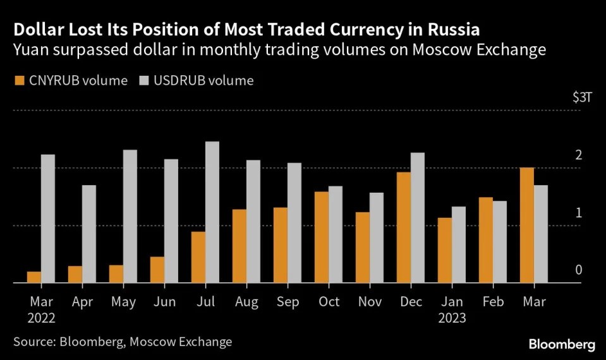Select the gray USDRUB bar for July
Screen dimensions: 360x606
pyautogui.click(x=212, y=212)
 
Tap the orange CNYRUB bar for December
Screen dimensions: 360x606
pyautogui.click(x=403, y=227)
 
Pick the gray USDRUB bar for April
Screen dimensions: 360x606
pyautogui.click(x=89, y=234)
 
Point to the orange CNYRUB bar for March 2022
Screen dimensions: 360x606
pyautogui.click(x=33, y=277)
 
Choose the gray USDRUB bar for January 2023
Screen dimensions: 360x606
pyautogui.click(x=458, y=245)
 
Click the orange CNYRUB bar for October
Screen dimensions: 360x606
pyautogui.click(x=321, y=237)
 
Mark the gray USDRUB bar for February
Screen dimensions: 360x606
pyautogui.click(x=499, y=242)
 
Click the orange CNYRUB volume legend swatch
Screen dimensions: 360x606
pyautogui.click(x=18, y=81)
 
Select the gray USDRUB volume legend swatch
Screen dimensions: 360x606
pyautogui.click(x=142, y=81)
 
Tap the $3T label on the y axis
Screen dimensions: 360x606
pyautogui.click(x=581, y=98)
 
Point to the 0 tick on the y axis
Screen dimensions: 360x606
pyautogui.click(x=578, y=270)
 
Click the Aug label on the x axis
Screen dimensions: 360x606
pyautogui.click(x=246, y=303)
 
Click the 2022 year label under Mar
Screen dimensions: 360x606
pyautogui.click(x=41, y=318)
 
